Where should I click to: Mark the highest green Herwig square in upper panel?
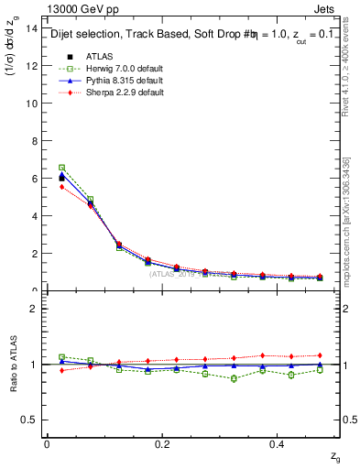click(61, 168)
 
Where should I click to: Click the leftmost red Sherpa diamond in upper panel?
click(61, 187)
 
